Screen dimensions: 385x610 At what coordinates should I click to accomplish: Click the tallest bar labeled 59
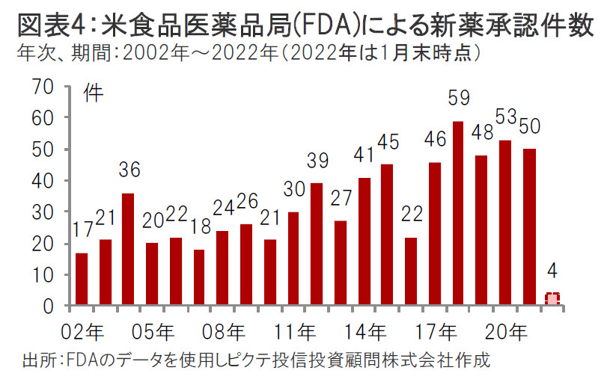[458, 213]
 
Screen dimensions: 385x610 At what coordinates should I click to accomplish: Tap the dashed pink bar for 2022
[552, 299]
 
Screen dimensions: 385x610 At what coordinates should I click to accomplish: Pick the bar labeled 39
[317, 244]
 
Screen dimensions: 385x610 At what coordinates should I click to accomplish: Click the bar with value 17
[82, 279]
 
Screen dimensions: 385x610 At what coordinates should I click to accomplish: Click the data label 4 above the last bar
[552, 268]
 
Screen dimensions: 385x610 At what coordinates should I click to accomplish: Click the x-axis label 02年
[85, 330]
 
